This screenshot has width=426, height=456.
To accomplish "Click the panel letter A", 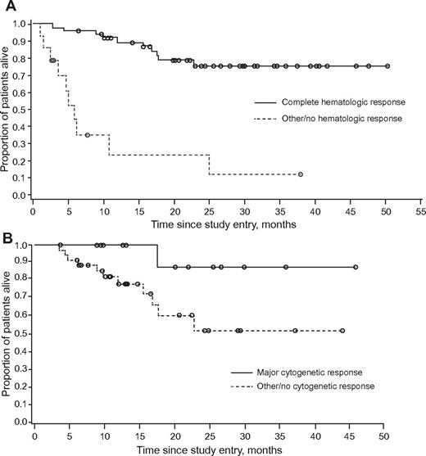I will [x=7, y=7].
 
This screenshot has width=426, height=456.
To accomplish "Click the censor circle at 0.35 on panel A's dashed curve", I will [x=87, y=134].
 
